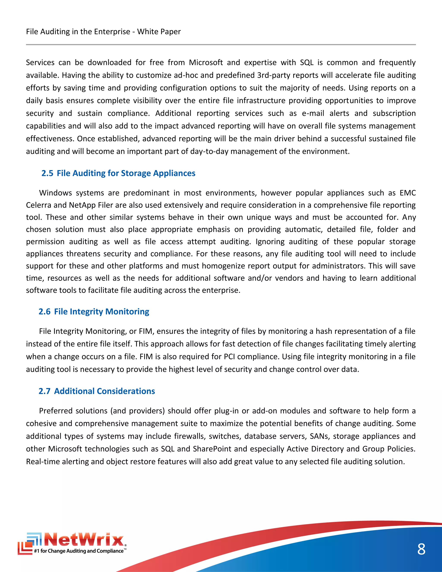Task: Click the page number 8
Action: pyautogui.click(x=421, y=549)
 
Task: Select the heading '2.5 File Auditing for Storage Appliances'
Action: pyautogui.click(x=118, y=173)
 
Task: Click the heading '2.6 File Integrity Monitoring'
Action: pyautogui.click(x=94, y=311)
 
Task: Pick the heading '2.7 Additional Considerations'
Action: pyautogui.click(x=97, y=391)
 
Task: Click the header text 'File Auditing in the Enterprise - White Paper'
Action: pyautogui.click(x=103, y=32)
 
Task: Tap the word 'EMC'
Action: pyautogui.click(x=407, y=193)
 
